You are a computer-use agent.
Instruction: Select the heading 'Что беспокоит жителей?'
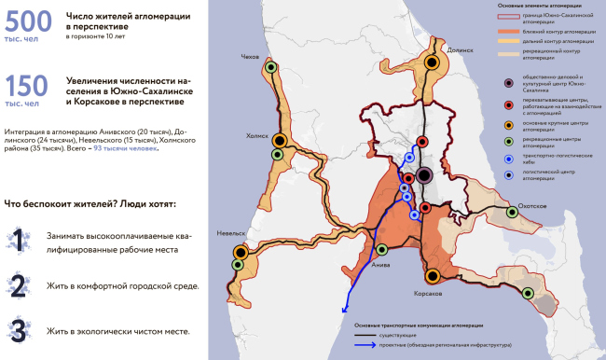[90, 203]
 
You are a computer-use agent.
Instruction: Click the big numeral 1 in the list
[18, 241]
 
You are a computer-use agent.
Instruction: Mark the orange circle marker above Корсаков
[433, 276]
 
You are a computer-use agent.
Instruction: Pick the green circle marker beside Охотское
[511, 213]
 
